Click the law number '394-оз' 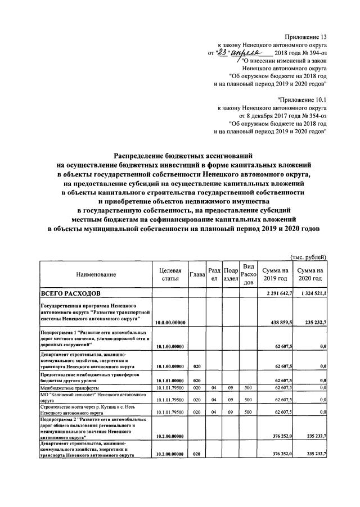click(x=317, y=52)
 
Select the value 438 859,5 click(x=279, y=322)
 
